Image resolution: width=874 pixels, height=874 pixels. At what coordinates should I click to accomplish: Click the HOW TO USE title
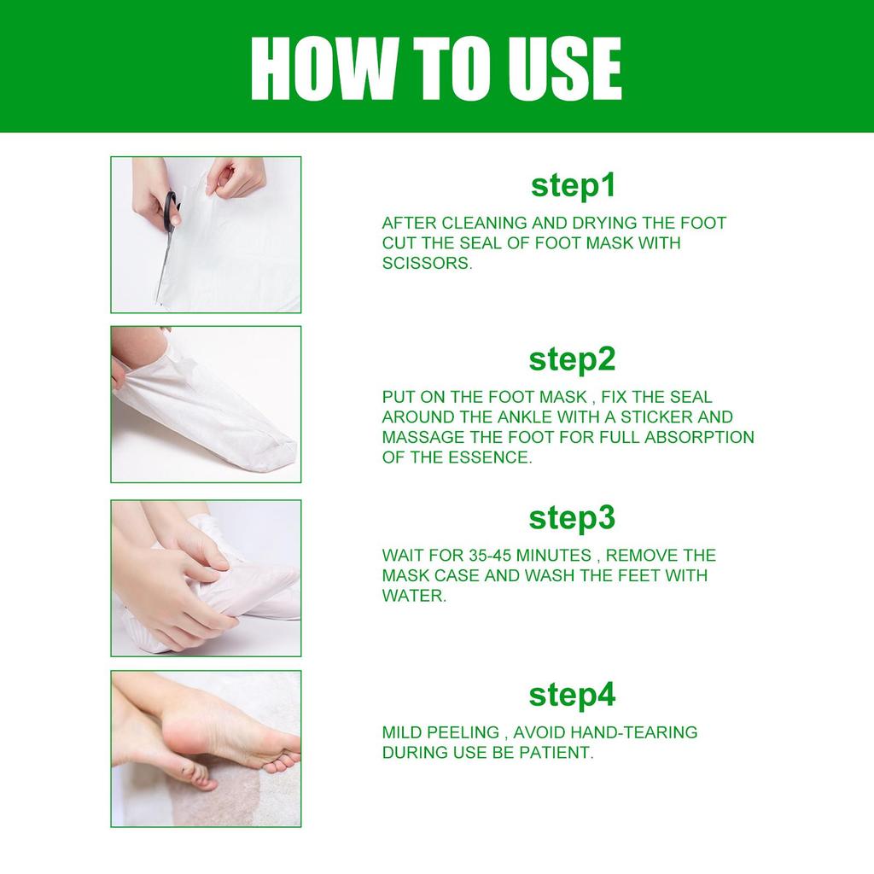pyautogui.click(x=436, y=67)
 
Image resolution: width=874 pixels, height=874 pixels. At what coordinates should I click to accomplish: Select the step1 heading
pyautogui.click(x=573, y=185)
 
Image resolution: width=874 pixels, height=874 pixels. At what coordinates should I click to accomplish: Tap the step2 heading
pyautogui.click(x=572, y=359)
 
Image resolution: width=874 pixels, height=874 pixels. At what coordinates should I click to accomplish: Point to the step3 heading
pyautogui.click(x=572, y=518)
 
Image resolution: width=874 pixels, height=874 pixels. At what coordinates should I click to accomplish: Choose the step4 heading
pyautogui.click(x=572, y=695)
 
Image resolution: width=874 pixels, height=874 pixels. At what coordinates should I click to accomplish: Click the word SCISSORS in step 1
pyautogui.click(x=427, y=264)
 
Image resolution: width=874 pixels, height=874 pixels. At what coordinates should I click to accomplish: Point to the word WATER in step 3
pyautogui.click(x=413, y=596)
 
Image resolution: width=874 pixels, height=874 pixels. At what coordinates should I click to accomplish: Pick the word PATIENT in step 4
pyautogui.click(x=558, y=753)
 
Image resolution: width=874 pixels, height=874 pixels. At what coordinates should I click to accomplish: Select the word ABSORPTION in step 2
pyautogui.click(x=698, y=437)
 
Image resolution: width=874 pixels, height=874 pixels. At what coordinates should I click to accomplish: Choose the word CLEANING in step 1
pyautogui.click(x=477, y=224)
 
